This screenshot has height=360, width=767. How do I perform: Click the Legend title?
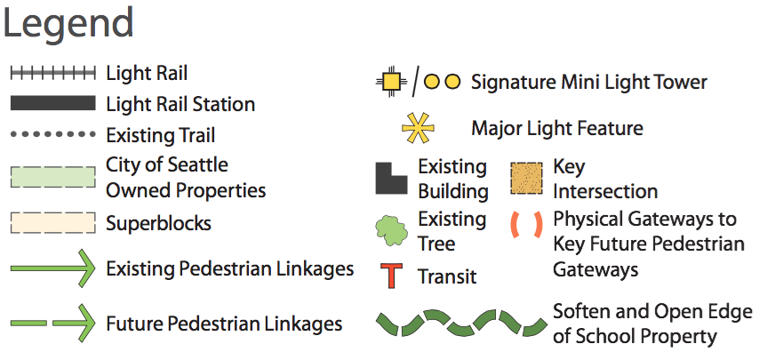[x=68, y=23]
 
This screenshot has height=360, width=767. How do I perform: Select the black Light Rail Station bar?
[x=52, y=104]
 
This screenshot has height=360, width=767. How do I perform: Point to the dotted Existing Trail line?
[x=52, y=134]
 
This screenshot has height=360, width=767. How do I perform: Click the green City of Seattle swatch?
[x=52, y=176]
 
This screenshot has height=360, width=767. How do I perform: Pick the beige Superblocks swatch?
[x=52, y=222]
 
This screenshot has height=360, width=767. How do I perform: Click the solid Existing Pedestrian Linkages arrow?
[x=52, y=268]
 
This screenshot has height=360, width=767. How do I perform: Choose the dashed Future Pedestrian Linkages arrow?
[x=52, y=322]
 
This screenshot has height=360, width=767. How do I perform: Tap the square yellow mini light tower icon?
[x=390, y=83]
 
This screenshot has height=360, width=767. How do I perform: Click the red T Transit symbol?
[x=390, y=276]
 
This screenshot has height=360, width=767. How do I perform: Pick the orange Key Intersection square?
[x=527, y=178]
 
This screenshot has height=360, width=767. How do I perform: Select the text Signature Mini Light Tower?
[x=589, y=83]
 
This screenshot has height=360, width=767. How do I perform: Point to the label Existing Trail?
[x=160, y=135]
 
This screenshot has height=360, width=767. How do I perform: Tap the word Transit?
[x=447, y=276]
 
